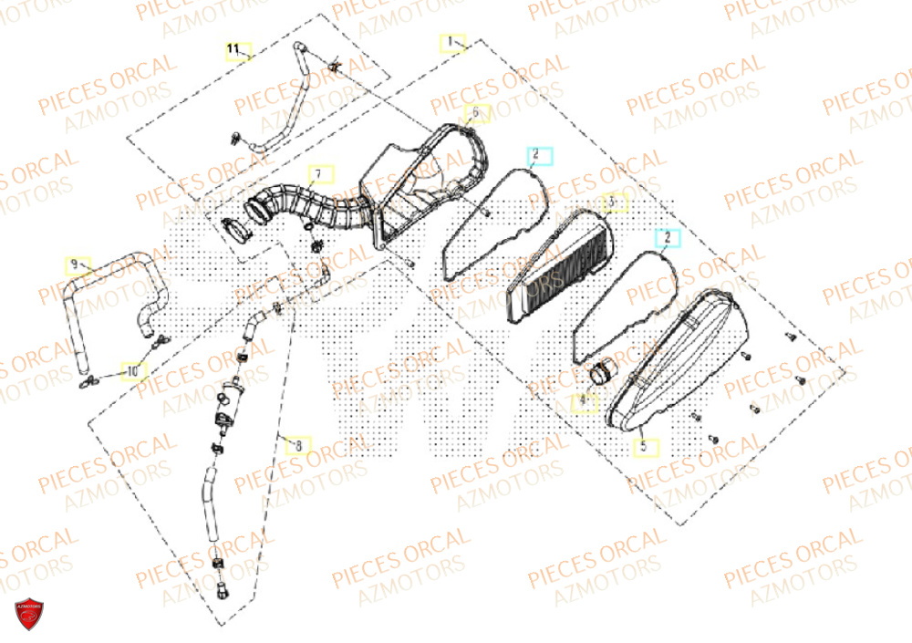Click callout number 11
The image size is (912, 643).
[x=234, y=47]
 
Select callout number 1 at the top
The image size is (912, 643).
[x=450, y=42]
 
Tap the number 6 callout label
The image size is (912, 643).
[x=475, y=113]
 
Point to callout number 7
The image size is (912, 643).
[x=319, y=173]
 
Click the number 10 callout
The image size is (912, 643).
[x=133, y=372]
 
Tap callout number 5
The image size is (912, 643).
[x=644, y=446]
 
